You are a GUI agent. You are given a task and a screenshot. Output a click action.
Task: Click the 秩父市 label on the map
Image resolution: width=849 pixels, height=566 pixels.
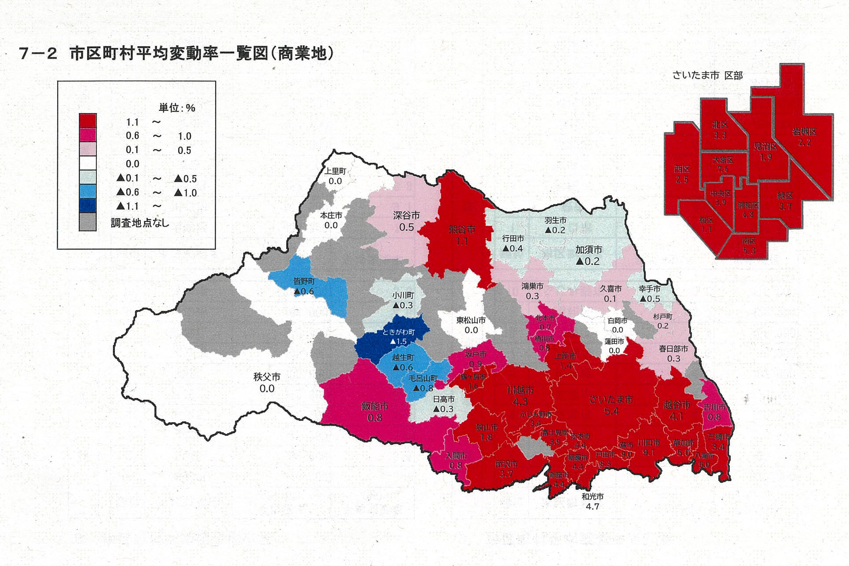pos(267,377)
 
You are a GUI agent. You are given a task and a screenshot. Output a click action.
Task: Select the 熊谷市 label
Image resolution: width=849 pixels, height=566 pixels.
pos(461,229)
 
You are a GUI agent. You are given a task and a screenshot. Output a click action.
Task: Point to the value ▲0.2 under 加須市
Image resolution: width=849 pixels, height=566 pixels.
pos(588,261)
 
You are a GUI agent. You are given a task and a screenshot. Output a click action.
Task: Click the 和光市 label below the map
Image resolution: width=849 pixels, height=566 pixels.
pos(592,497)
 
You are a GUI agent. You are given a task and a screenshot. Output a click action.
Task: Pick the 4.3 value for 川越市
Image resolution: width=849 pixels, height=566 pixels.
pos(520,402)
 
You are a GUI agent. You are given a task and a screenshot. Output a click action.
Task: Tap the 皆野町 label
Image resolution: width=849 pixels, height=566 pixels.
pos(304,281)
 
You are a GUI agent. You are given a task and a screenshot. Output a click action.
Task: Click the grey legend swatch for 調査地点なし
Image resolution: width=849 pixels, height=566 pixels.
pos(88,222)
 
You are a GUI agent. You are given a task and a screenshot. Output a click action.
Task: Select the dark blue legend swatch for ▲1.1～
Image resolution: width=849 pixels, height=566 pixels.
pos(88,206)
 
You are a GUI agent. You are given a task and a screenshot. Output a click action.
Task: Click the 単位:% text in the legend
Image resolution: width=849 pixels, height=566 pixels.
pos(177,108)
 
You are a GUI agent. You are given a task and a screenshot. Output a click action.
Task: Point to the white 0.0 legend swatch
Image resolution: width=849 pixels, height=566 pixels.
pos(88,164)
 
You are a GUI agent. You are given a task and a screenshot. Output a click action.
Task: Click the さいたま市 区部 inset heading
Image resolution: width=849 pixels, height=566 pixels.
pos(707,76)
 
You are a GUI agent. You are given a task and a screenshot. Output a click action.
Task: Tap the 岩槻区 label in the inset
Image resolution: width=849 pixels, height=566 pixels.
pos(804,131)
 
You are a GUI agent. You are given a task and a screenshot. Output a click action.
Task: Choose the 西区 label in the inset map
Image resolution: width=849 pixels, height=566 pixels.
pos(681,169)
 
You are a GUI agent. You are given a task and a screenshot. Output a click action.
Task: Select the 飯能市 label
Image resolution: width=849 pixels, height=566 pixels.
pos(374,406)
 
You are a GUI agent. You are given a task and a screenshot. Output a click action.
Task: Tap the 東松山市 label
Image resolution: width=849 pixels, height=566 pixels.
pos(471,320)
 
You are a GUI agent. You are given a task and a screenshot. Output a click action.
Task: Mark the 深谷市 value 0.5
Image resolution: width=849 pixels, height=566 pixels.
pos(406,227)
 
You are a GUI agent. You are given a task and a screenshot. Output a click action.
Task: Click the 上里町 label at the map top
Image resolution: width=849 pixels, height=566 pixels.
pos(335,172)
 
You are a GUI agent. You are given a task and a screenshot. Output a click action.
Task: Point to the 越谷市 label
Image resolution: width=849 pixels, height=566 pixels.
pos(677,405)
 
